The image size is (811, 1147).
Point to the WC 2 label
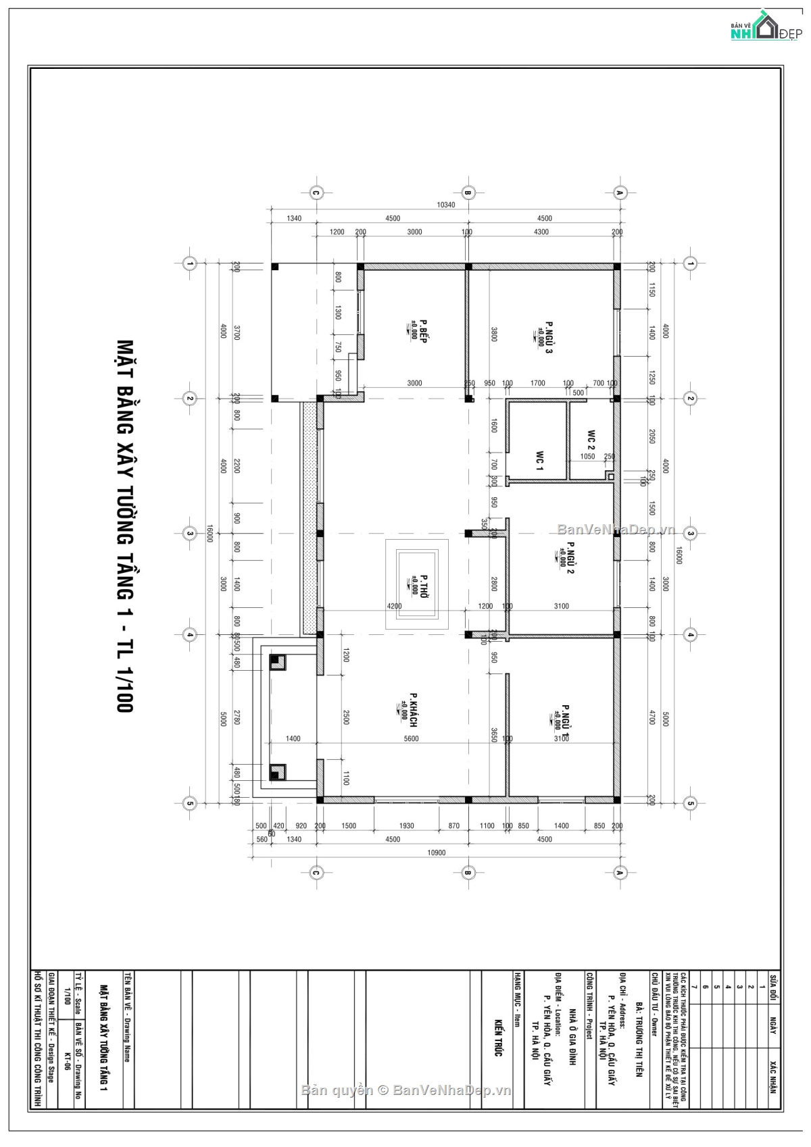(591, 440)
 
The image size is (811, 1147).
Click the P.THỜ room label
(424, 588)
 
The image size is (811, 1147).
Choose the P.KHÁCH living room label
(412, 709)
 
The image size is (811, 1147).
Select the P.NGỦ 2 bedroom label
(570, 557)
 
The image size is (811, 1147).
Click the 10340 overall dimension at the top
(446, 205)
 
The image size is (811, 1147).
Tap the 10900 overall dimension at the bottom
(437, 852)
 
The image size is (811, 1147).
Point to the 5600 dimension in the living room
(411, 738)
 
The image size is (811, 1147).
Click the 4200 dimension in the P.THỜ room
(394, 606)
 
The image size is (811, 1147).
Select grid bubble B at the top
(467, 193)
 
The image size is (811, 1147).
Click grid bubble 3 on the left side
(190, 534)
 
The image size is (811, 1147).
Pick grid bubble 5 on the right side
(690, 803)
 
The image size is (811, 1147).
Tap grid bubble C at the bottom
(315, 873)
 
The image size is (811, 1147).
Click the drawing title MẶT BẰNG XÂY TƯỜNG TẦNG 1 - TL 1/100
(124, 526)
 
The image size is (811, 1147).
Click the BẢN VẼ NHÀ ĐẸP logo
(764, 27)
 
